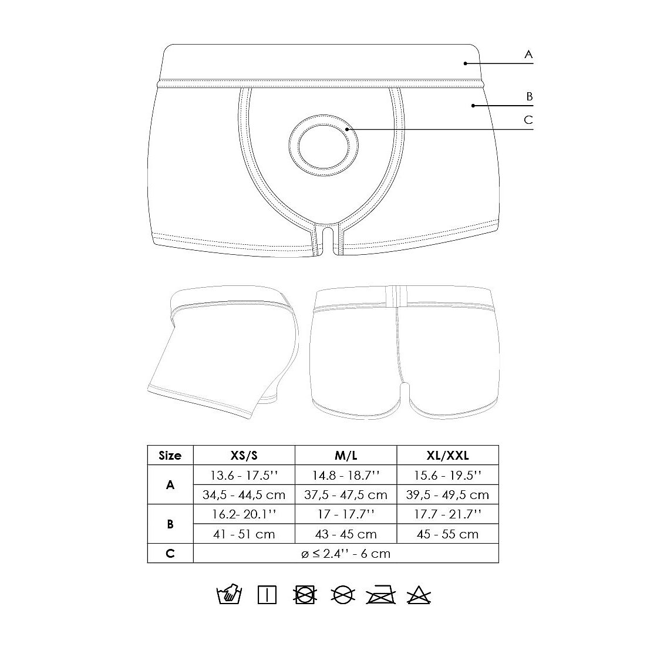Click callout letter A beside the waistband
(x=528, y=54)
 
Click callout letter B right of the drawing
(x=530, y=96)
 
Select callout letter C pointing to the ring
(x=528, y=120)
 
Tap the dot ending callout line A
(x=466, y=63)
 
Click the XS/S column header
(x=244, y=456)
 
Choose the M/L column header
(x=346, y=456)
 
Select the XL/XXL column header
(x=448, y=456)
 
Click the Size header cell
(x=170, y=456)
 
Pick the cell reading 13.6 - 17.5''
(x=244, y=475)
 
